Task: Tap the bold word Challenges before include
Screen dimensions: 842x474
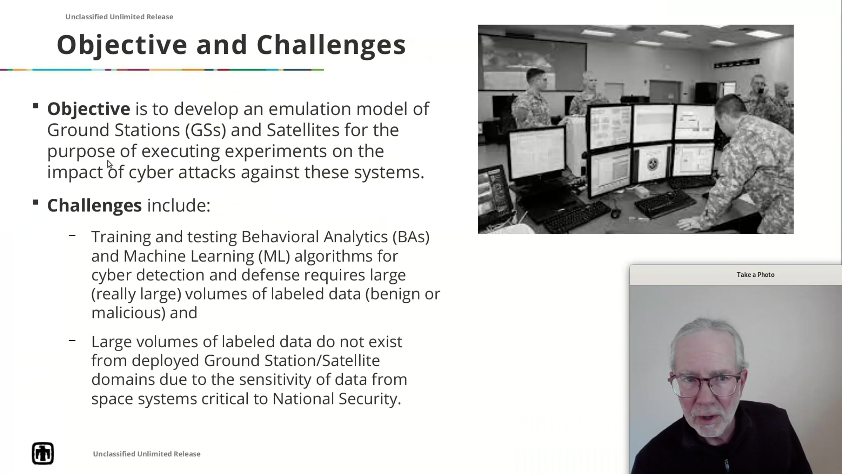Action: (95, 206)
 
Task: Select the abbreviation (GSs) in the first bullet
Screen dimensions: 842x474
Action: (206, 130)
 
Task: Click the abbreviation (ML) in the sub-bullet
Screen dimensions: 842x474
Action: (274, 256)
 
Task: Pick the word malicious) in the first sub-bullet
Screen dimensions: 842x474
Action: (128, 313)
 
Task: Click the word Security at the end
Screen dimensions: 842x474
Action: (370, 399)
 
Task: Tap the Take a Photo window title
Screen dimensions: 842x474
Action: (755, 275)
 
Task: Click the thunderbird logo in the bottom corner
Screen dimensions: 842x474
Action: (43, 453)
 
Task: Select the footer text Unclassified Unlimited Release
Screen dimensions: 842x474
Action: (147, 454)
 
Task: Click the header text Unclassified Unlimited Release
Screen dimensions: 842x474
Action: (119, 17)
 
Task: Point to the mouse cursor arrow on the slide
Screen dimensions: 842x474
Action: (110, 164)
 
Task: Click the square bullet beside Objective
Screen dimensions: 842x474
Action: (35, 106)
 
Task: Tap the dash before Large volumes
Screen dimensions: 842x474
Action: (72, 341)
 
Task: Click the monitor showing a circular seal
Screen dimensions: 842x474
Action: (652, 164)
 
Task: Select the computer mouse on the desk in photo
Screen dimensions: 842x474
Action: (615, 213)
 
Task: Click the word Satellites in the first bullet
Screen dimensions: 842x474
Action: (303, 130)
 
